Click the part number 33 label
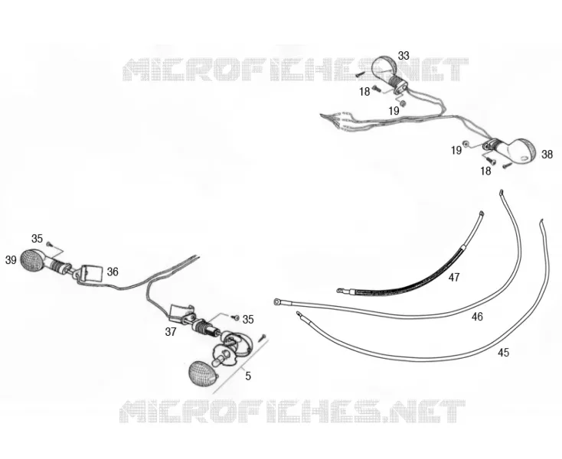pos(404,56)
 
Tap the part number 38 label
pos(547,155)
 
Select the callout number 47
pos(454,278)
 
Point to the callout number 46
pos(477,317)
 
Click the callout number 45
pos(503,353)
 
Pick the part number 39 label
pos(11,260)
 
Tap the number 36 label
pos(113,272)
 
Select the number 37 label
pos(171,332)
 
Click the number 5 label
pos(248,376)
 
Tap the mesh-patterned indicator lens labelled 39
pos(31,261)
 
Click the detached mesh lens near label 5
pos(203,374)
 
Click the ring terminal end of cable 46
pos(277,302)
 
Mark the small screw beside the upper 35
pos(50,244)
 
